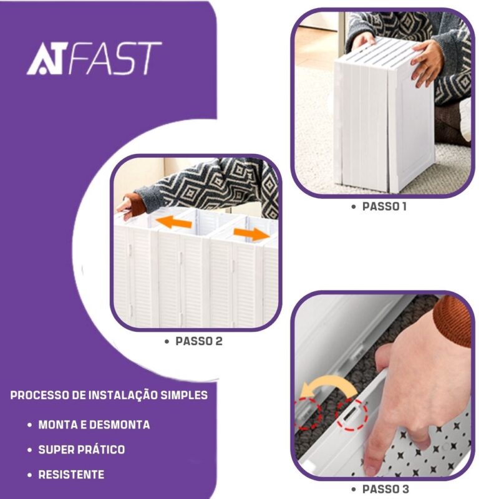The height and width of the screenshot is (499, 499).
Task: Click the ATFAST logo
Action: click(x=94, y=59)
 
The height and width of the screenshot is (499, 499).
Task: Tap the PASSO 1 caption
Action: click(x=384, y=206)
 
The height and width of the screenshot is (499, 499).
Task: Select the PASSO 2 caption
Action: click(x=199, y=341)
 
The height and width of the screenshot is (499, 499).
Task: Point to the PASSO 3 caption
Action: click(x=385, y=489)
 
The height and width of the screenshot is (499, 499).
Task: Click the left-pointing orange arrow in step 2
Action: click(x=174, y=221)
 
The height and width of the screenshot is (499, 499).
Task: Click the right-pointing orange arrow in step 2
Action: click(x=251, y=235)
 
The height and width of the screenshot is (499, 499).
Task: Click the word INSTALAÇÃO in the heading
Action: click(x=122, y=395)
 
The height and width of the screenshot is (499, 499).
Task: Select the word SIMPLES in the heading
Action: click(x=184, y=395)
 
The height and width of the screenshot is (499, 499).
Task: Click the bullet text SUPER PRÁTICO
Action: click(x=82, y=450)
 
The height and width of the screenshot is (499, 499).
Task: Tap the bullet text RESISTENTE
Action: click(x=71, y=475)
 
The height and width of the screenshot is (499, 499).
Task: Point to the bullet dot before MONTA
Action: click(x=30, y=425)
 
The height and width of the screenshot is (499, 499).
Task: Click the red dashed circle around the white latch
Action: click(x=352, y=415)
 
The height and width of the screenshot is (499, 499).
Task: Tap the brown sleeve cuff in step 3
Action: click(x=452, y=321)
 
